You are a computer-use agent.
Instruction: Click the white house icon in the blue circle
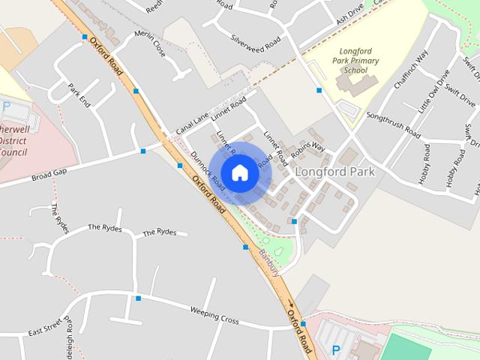tap(239, 173)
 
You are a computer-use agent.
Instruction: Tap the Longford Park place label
tap(334, 171)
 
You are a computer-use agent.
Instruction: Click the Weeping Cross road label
tap(214, 316)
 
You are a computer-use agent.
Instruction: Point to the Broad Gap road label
tap(49, 175)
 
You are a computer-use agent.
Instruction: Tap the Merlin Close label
tap(149, 44)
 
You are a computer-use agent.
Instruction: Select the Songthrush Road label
tap(393, 124)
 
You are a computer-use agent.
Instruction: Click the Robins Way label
tap(307, 148)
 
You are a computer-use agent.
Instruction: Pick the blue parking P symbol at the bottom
tap(336, 349)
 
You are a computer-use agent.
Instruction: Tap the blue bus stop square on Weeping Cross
tap(138, 298)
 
